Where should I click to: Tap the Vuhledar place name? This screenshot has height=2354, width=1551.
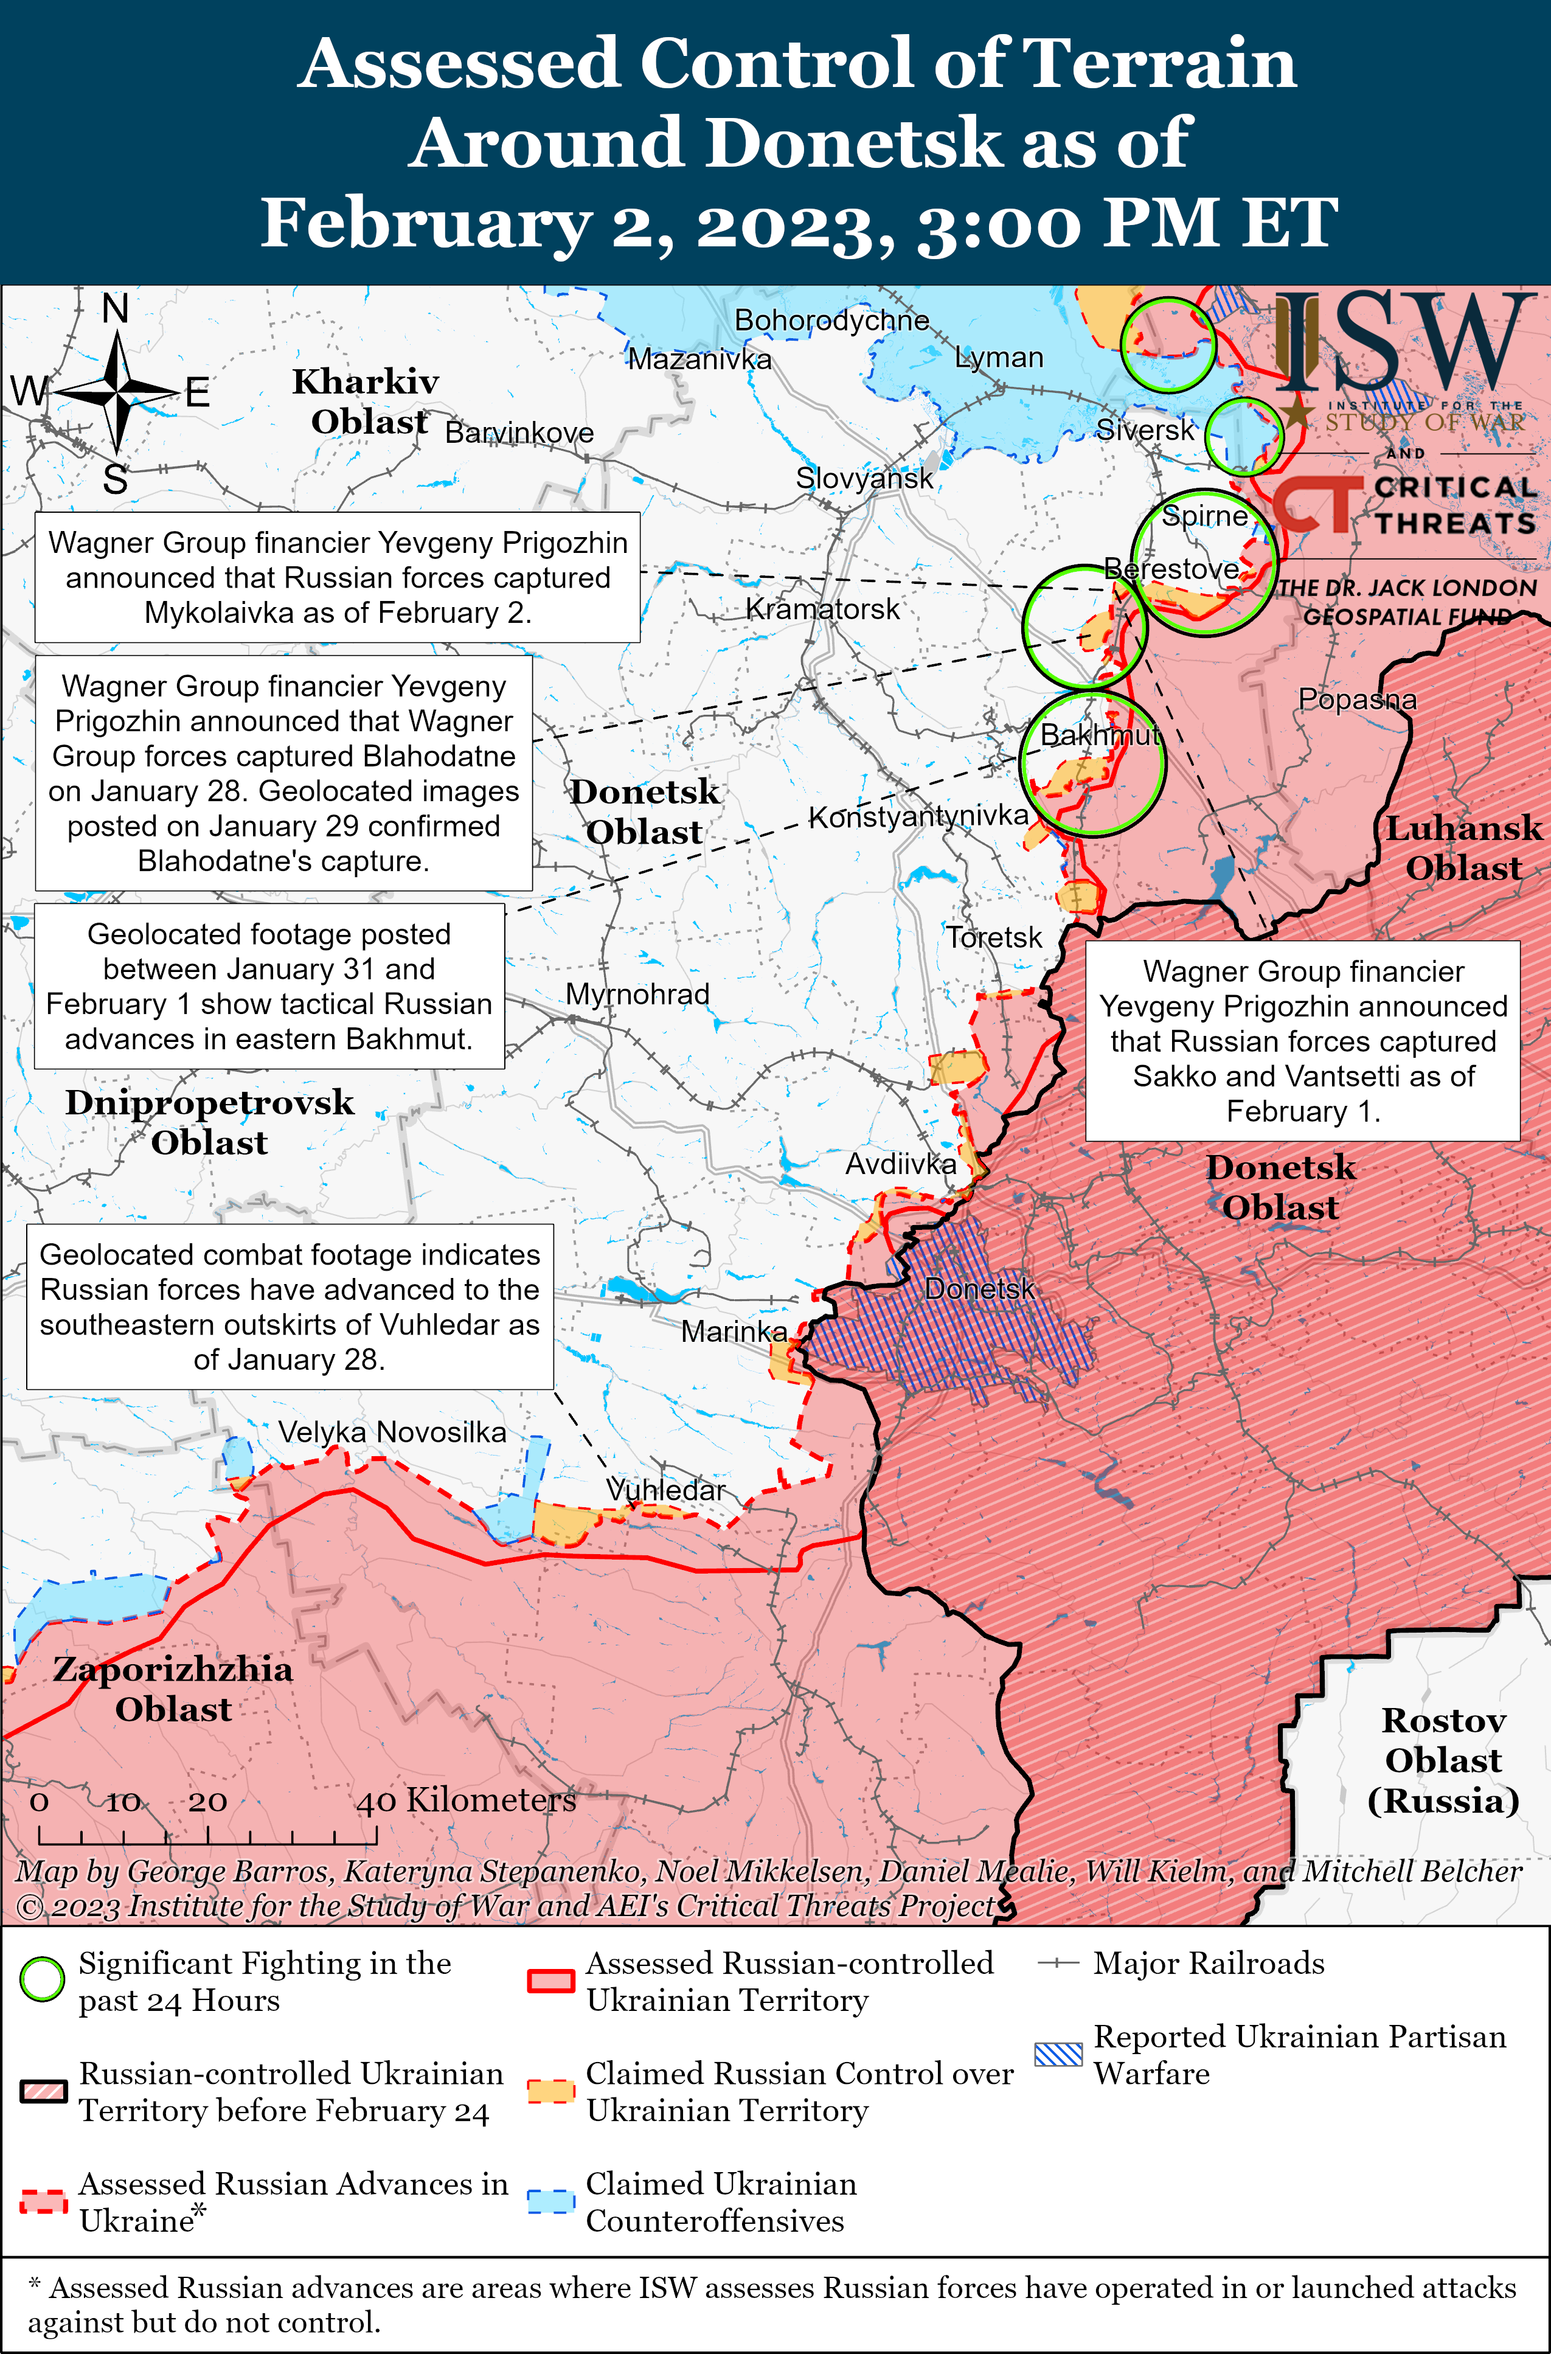click(665, 1490)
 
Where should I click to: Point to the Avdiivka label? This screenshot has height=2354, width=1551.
click(900, 1164)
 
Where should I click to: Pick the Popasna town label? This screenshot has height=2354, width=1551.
click(1357, 700)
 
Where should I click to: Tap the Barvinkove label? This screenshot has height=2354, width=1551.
click(519, 432)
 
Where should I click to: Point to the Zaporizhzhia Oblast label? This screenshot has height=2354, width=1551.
click(173, 1689)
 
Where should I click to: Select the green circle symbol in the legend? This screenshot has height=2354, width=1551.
click(43, 1979)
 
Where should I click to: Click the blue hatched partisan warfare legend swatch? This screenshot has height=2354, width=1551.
click(1058, 2054)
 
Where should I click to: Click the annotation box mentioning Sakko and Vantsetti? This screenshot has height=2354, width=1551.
click(1303, 1041)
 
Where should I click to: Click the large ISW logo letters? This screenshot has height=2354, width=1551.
click(1404, 341)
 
